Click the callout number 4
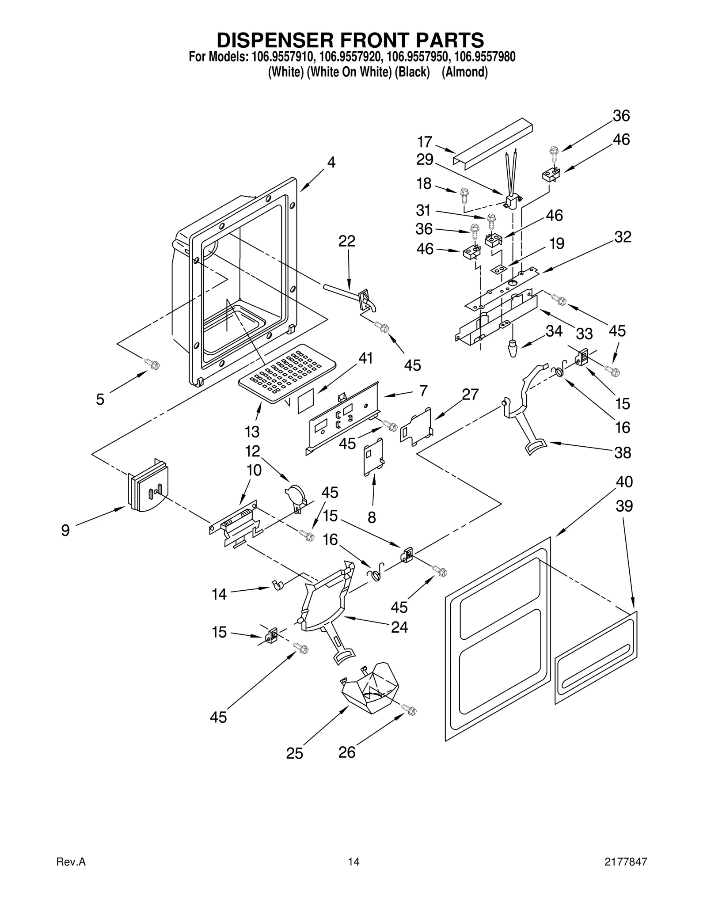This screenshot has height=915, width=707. tap(331, 162)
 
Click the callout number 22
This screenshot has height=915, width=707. tap(347, 241)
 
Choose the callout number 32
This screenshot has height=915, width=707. tap(623, 237)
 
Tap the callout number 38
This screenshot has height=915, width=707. tap(623, 452)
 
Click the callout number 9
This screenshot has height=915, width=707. tap(65, 530)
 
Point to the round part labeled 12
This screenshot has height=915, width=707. tap(295, 494)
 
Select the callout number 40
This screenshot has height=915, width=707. tap(624, 482)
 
